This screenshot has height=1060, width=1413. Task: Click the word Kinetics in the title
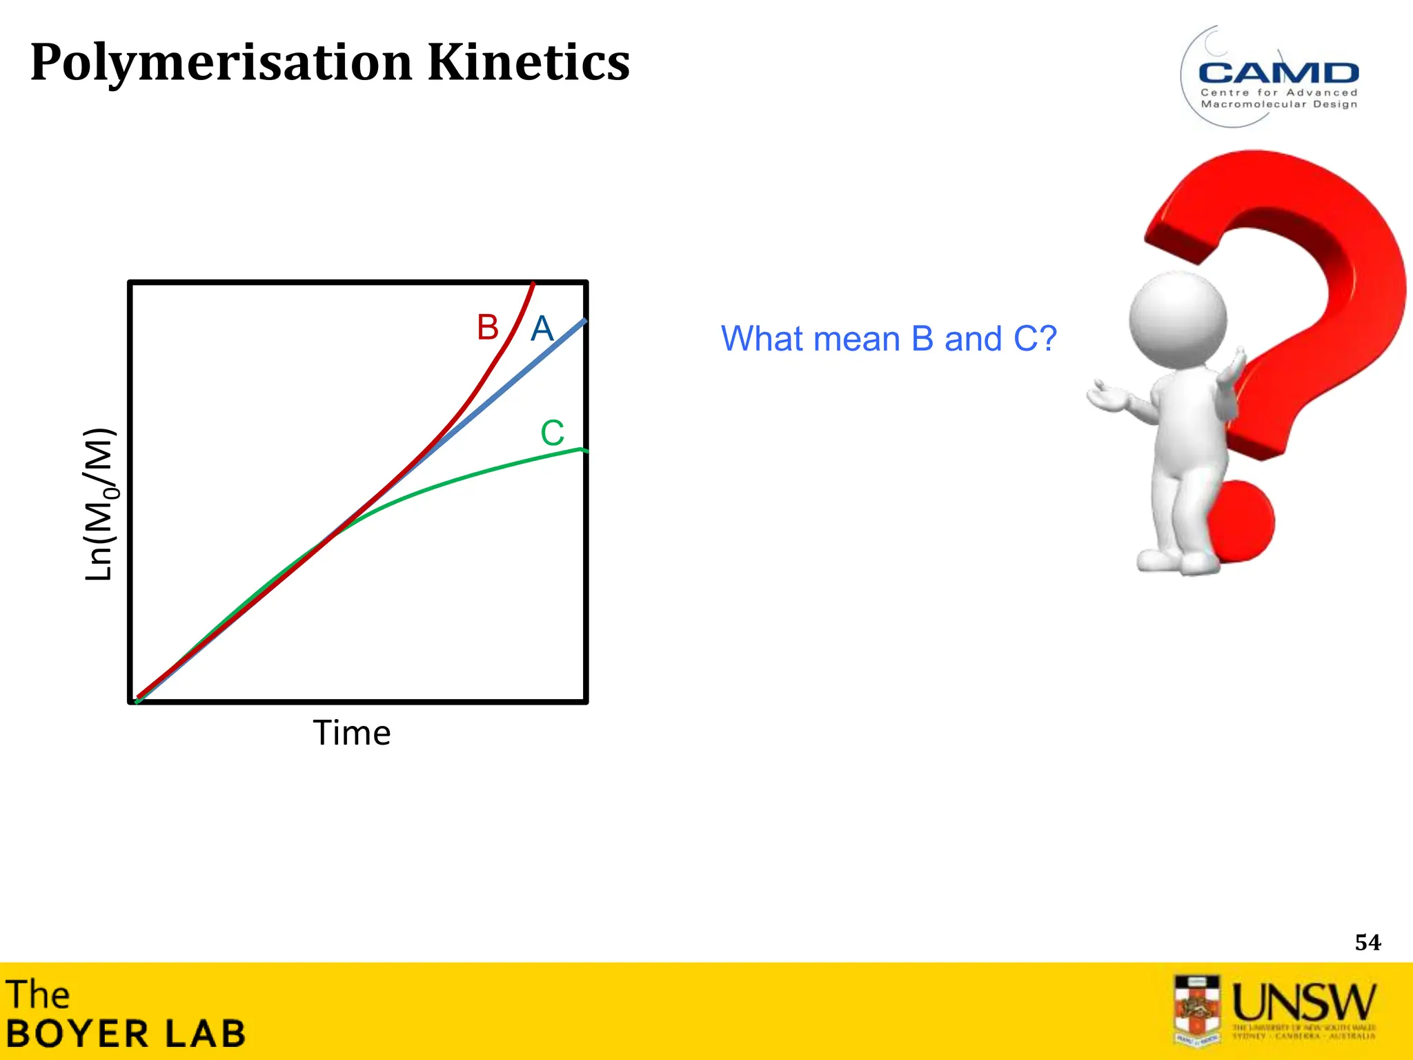coord(528,62)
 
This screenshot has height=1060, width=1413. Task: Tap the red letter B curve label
coord(487,327)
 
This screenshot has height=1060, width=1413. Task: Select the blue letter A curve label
coord(542,328)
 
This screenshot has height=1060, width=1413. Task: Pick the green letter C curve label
coord(552,433)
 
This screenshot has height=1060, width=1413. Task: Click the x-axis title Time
coord(352,733)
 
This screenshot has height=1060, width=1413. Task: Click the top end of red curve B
coord(533,284)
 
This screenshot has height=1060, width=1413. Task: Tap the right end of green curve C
coord(583,450)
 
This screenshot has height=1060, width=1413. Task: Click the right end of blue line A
coord(584,321)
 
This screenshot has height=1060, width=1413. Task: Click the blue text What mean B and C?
coord(889,339)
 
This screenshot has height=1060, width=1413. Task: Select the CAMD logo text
coord(1278,73)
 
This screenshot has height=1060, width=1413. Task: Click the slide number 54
coord(1367,943)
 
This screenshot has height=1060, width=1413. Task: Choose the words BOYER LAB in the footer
coord(126,1034)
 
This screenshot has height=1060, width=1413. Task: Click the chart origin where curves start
coord(139,699)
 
